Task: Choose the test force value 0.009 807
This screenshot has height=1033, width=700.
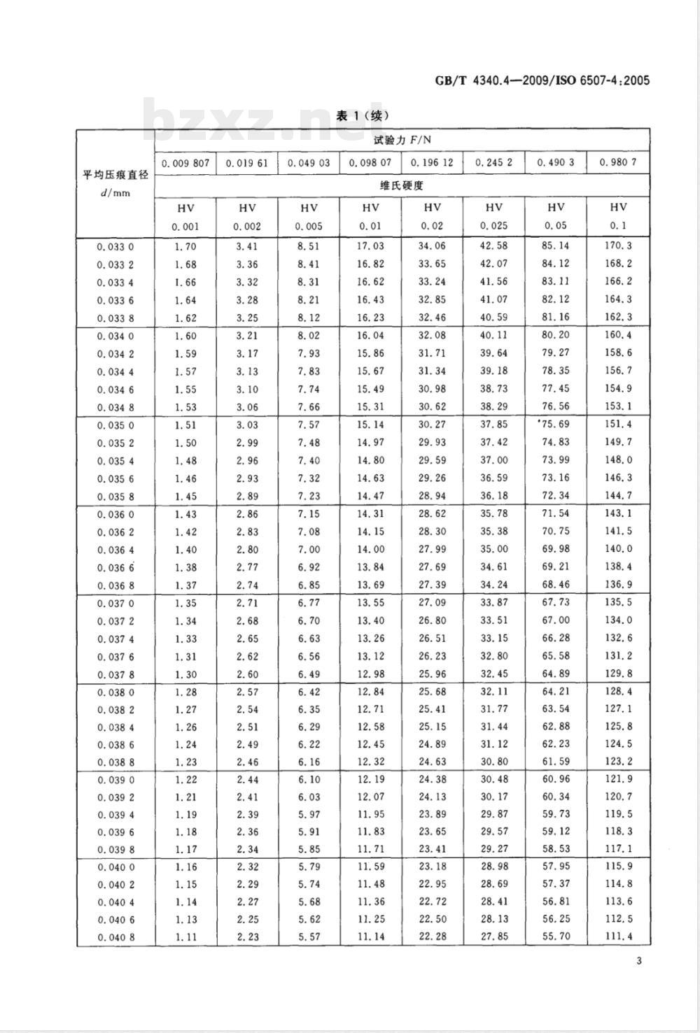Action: tap(185, 162)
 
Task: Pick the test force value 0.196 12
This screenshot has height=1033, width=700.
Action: tap(432, 162)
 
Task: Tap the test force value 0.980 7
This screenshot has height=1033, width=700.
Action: tap(617, 162)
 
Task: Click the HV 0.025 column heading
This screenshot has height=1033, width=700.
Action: tap(494, 216)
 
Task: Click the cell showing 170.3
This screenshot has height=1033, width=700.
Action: tap(618, 245)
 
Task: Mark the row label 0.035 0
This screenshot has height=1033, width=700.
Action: tap(115, 425)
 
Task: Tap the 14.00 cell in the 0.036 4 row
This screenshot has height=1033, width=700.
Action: tap(370, 549)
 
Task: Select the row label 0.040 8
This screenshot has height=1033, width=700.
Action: tap(115, 936)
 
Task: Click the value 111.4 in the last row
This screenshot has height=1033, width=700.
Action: tap(618, 936)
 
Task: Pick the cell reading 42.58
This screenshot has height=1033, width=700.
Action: tap(494, 245)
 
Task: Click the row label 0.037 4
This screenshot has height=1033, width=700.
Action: tap(115, 639)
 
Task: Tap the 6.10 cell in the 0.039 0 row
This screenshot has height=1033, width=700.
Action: tap(309, 779)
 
